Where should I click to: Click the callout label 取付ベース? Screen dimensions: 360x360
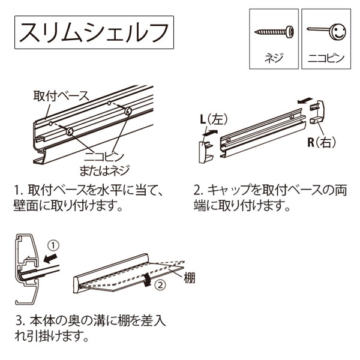[61, 95]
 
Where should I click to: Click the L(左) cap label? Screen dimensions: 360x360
[211, 119]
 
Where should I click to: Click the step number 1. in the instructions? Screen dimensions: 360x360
[19, 191]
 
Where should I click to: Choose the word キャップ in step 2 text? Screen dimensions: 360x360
[234, 191]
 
